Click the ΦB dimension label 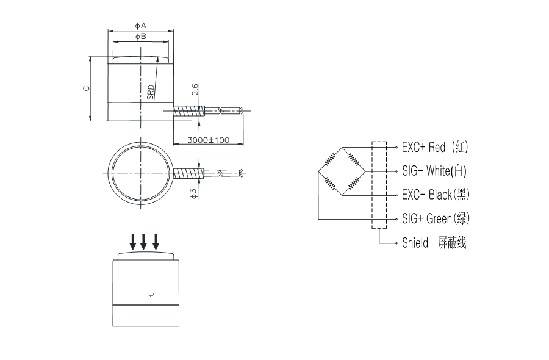pos(140,37)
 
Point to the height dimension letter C pos(86,88)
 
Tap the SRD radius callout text pos(151,92)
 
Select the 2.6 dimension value pos(195,89)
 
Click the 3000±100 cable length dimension pos(208,140)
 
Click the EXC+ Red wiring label pos(436,147)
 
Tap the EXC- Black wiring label pos(436,195)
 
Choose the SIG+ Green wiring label pos(436,218)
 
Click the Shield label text pos(415,243)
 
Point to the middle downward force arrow pos(144,241)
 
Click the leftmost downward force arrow pos(132,241)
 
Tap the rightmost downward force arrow pos(156,241)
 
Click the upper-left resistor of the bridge pos(330,159)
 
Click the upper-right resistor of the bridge pos(353,159)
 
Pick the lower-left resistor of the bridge pos(330,182)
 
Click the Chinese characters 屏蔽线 pos(452,243)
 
